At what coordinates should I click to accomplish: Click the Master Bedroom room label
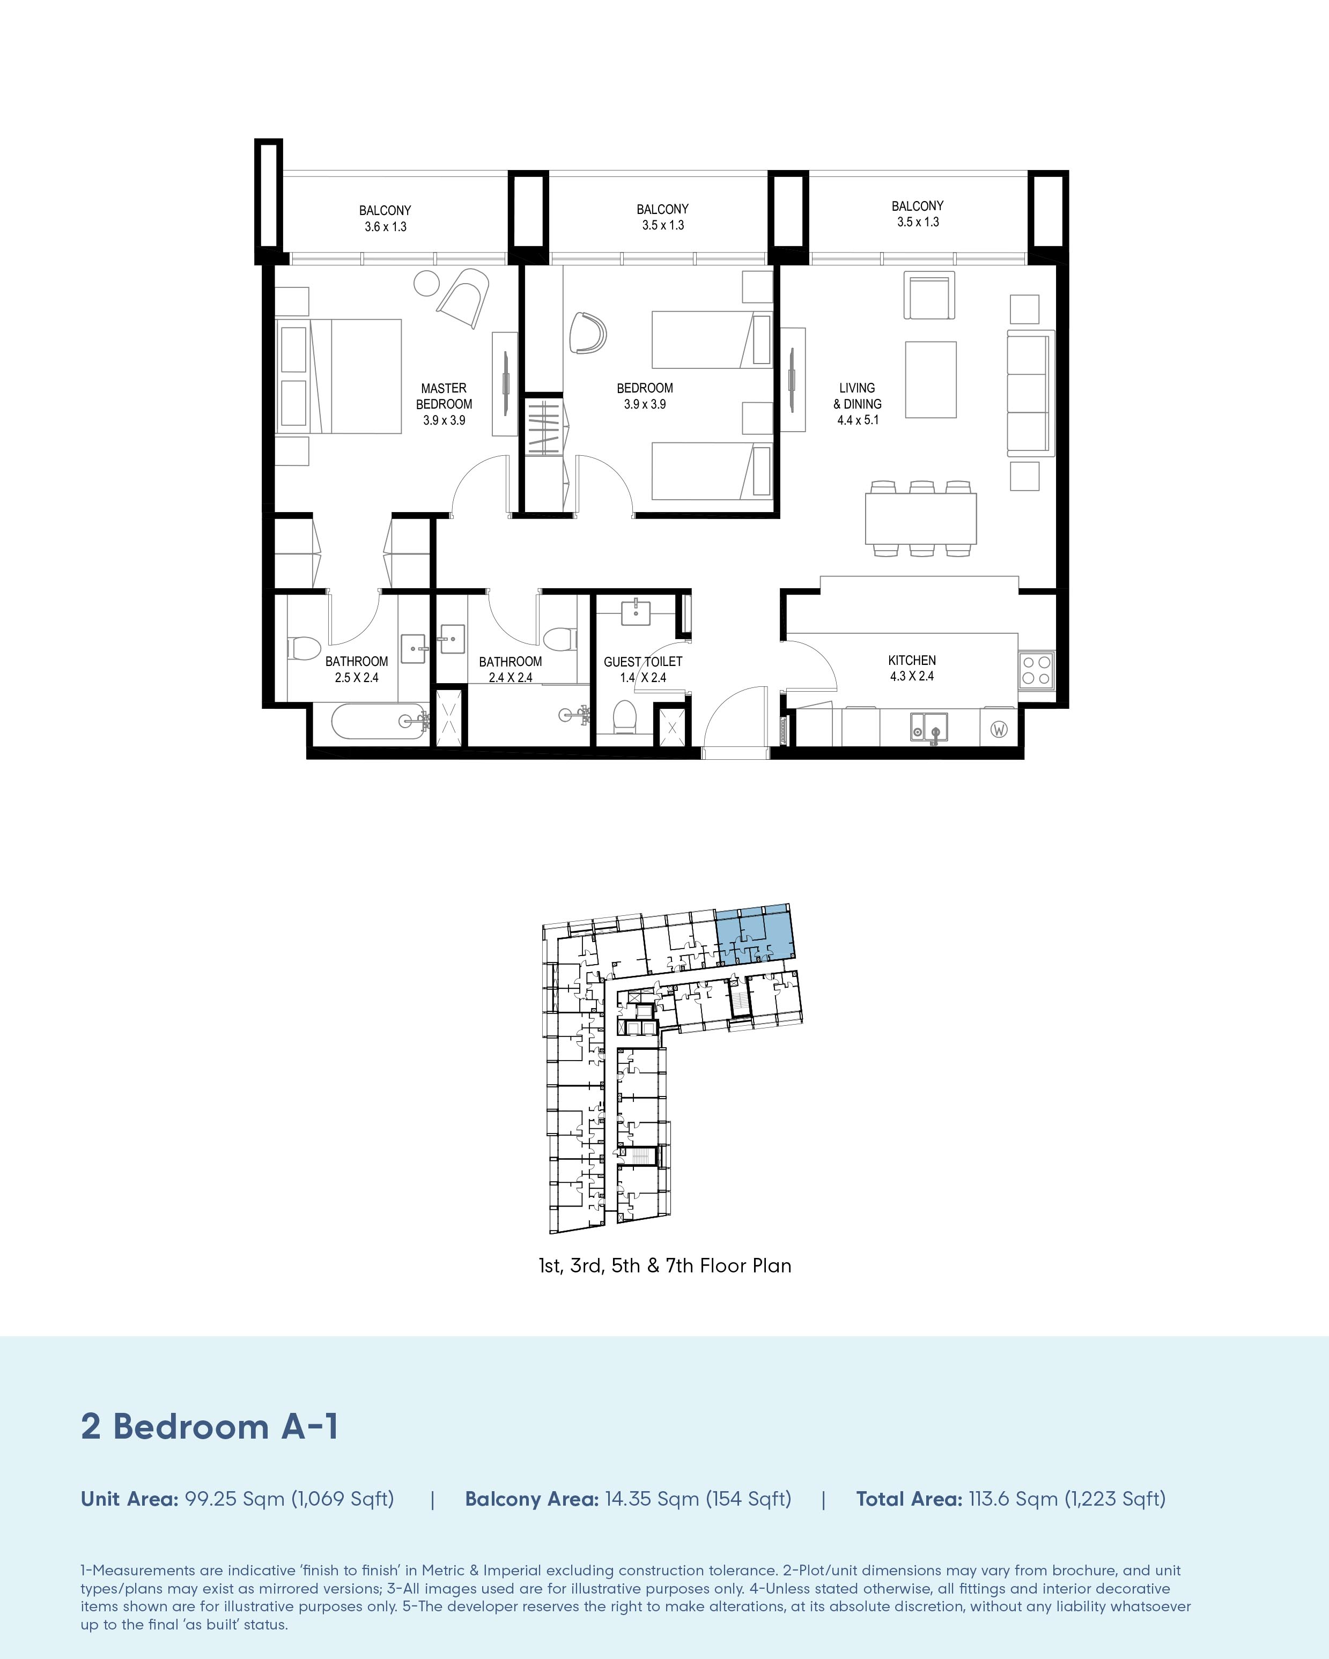click(x=444, y=404)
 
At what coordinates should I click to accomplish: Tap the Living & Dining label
click(x=857, y=404)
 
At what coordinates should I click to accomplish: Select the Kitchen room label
click(x=912, y=668)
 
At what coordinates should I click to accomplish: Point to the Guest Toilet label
click(x=643, y=670)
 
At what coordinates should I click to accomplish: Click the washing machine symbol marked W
click(x=999, y=729)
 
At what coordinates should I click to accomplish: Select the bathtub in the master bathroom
click(x=377, y=722)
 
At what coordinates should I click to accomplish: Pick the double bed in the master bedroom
click(x=338, y=376)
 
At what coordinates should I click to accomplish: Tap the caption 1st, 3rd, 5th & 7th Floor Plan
click(x=665, y=1266)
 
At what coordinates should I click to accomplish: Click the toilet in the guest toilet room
click(x=625, y=716)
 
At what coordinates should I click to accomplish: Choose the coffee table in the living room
click(x=931, y=379)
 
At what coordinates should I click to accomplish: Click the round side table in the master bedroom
click(x=426, y=283)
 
